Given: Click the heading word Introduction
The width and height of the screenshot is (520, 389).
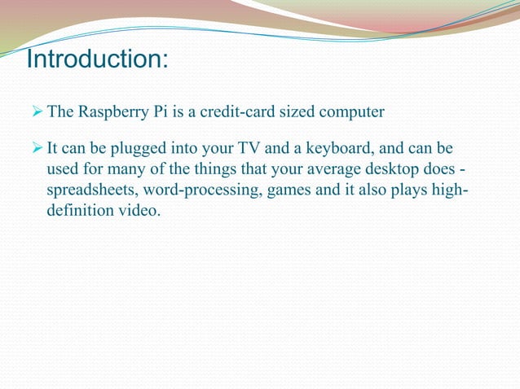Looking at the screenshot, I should tap(95, 60).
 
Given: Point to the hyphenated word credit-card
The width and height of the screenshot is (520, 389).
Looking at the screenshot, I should tap(245, 111).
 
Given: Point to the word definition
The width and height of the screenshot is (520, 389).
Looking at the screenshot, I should tap(81, 211).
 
